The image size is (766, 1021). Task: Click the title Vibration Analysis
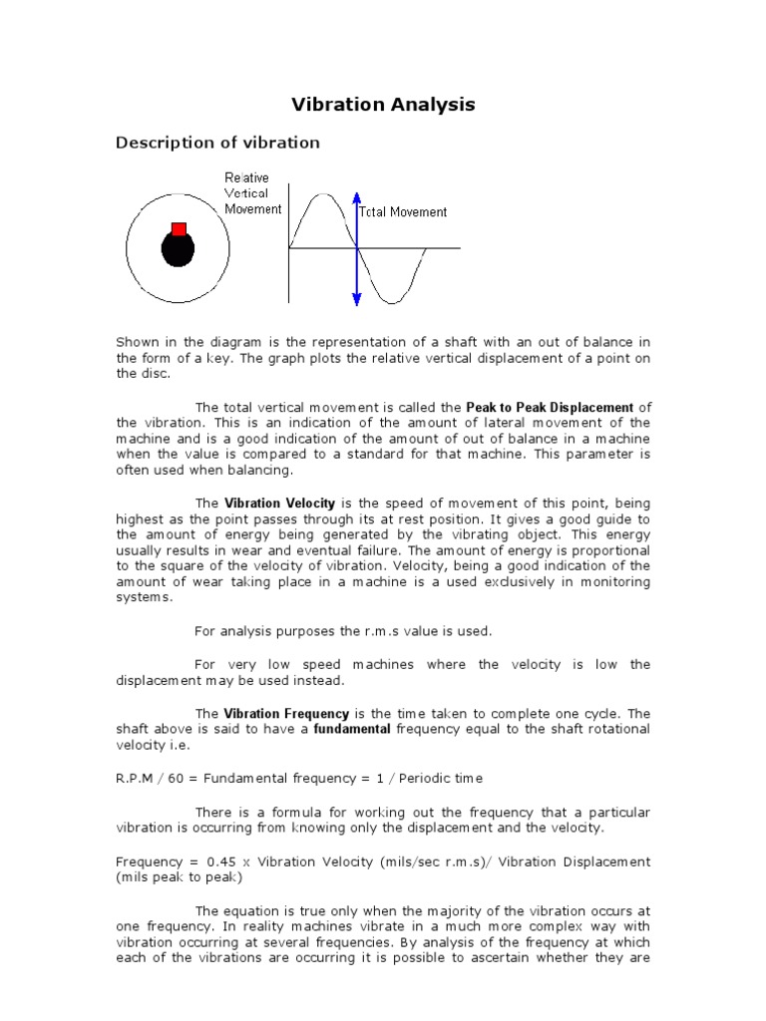(x=383, y=105)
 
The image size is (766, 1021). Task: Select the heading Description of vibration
(x=217, y=143)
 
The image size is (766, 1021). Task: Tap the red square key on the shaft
(x=179, y=229)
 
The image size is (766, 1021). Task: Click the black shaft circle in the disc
(x=177, y=250)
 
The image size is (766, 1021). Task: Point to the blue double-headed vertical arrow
(x=356, y=249)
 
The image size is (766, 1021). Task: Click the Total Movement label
(x=403, y=211)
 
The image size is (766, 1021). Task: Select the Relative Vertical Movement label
(x=251, y=193)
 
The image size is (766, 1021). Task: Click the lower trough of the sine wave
(x=390, y=300)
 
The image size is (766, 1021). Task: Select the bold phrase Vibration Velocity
(x=279, y=504)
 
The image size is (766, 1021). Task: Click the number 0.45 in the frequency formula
(x=222, y=861)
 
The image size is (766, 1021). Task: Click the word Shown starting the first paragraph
(x=138, y=343)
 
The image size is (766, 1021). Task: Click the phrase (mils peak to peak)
(x=179, y=877)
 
